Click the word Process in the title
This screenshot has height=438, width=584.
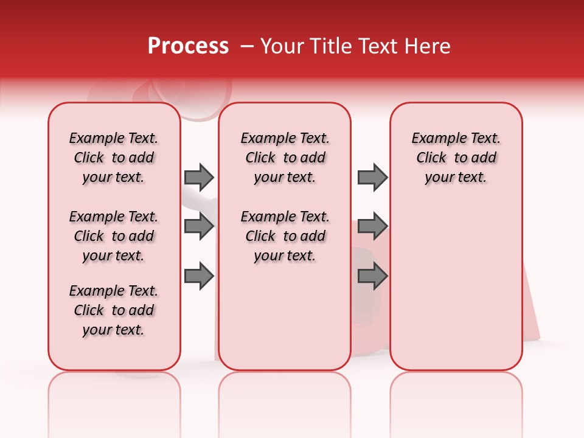click(188, 46)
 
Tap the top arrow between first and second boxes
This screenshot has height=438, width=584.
click(199, 177)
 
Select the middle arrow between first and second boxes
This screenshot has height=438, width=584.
click(199, 226)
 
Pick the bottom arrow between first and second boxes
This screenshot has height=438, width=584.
click(199, 276)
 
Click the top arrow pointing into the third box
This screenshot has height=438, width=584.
click(372, 177)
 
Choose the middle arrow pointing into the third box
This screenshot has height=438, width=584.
click(372, 226)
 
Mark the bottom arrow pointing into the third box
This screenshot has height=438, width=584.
click(372, 276)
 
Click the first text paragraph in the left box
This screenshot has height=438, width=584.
click(114, 158)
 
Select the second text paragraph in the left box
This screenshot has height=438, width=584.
click(114, 236)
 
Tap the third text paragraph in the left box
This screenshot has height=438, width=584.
click(114, 310)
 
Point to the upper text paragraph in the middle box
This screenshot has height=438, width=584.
click(285, 158)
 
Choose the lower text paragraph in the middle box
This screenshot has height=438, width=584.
click(285, 236)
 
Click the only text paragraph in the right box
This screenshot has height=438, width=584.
click(456, 158)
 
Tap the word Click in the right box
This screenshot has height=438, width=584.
click(431, 158)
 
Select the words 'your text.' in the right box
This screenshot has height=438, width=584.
click(456, 178)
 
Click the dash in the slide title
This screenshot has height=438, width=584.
click(246, 46)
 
